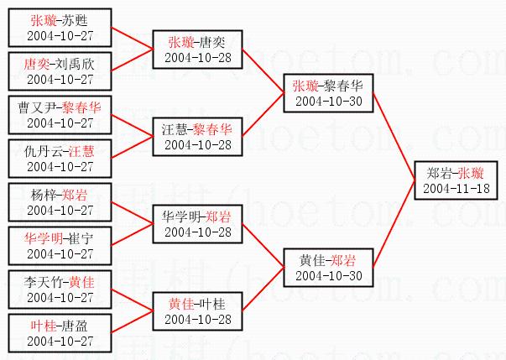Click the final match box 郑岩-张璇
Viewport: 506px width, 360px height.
[454, 180]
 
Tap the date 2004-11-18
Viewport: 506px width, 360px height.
[454, 188]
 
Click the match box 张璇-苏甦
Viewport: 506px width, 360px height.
[60, 27]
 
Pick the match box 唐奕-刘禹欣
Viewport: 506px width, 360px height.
[60, 70]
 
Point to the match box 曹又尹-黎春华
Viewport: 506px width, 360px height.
[60, 115]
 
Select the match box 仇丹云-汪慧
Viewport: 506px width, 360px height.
[60, 159]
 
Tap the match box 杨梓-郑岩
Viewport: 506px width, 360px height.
[60, 202]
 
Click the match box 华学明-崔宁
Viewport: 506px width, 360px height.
[60, 246]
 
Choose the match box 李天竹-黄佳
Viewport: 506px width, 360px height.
[60, 290]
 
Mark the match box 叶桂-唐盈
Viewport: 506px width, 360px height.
[60, 333]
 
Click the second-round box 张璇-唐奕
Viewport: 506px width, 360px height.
[197, 50]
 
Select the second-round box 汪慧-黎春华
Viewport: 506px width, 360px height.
[197, 137]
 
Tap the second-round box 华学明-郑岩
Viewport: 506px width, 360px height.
[197, 224]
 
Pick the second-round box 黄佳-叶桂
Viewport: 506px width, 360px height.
[197, 311]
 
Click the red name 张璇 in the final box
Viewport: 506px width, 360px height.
[471, 173]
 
